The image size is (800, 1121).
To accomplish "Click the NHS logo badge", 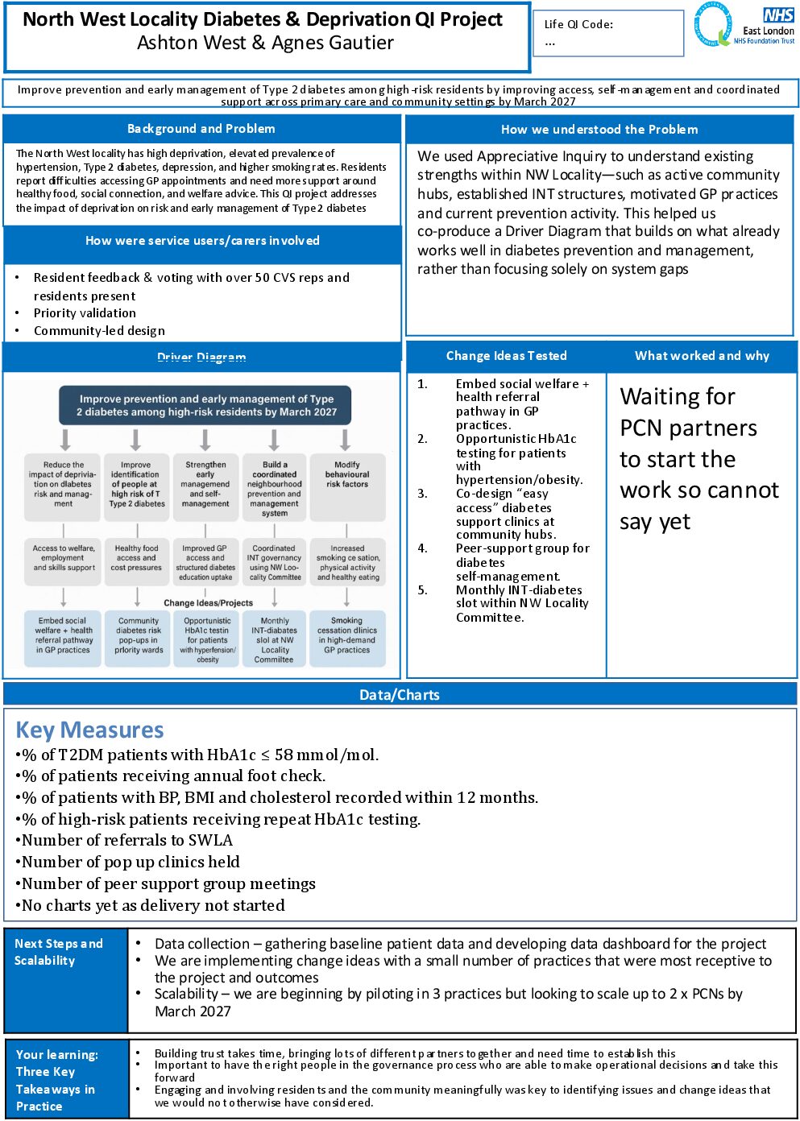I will pos(778,15).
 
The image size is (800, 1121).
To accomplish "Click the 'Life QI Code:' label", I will pos(578,24).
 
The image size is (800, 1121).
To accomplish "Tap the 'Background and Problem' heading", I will pos(201,129).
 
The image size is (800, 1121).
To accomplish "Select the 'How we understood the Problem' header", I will pos(599,130).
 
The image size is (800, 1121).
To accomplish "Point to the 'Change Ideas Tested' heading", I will pos(506,356).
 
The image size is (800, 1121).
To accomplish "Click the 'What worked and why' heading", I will pos(702,356).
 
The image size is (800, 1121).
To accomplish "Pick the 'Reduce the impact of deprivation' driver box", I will pos(63,484).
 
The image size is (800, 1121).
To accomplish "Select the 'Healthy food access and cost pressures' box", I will pos(136,557).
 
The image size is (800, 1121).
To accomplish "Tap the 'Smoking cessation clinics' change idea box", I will pos(346,635).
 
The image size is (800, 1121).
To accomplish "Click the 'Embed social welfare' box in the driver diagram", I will pos(63,635).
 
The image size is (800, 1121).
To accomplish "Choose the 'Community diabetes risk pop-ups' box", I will pos(138,635).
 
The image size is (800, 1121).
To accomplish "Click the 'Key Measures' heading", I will pos(89,730).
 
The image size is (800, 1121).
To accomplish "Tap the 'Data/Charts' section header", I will pos(400,695).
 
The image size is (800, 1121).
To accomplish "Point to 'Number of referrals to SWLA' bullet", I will pos(126,840).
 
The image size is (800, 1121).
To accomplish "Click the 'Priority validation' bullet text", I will pos(85,313).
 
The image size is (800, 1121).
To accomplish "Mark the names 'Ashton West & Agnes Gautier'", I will pos(265,43).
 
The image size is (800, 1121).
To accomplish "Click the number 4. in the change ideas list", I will pos(422,548).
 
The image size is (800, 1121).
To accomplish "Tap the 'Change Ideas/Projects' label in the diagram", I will pos(208,602).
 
